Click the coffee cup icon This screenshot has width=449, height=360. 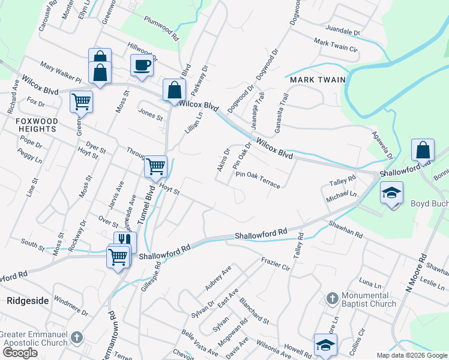point(142,65)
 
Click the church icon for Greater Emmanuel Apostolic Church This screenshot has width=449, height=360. point(76,337)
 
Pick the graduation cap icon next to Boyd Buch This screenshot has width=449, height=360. point(391,193)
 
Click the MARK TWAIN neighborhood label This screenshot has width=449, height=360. point(318,79)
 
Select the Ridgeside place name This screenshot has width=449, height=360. point(28,301)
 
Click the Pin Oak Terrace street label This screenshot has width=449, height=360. point(258,179)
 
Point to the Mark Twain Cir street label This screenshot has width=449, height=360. point(336,44)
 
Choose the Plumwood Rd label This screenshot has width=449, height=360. point(161,28)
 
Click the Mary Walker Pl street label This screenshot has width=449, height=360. point(61,71)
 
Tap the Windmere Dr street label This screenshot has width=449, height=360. point(70,305)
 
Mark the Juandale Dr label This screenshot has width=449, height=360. point(342,29)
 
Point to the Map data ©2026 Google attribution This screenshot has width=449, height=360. point(412,355)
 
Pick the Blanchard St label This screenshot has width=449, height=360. point(253,308)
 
